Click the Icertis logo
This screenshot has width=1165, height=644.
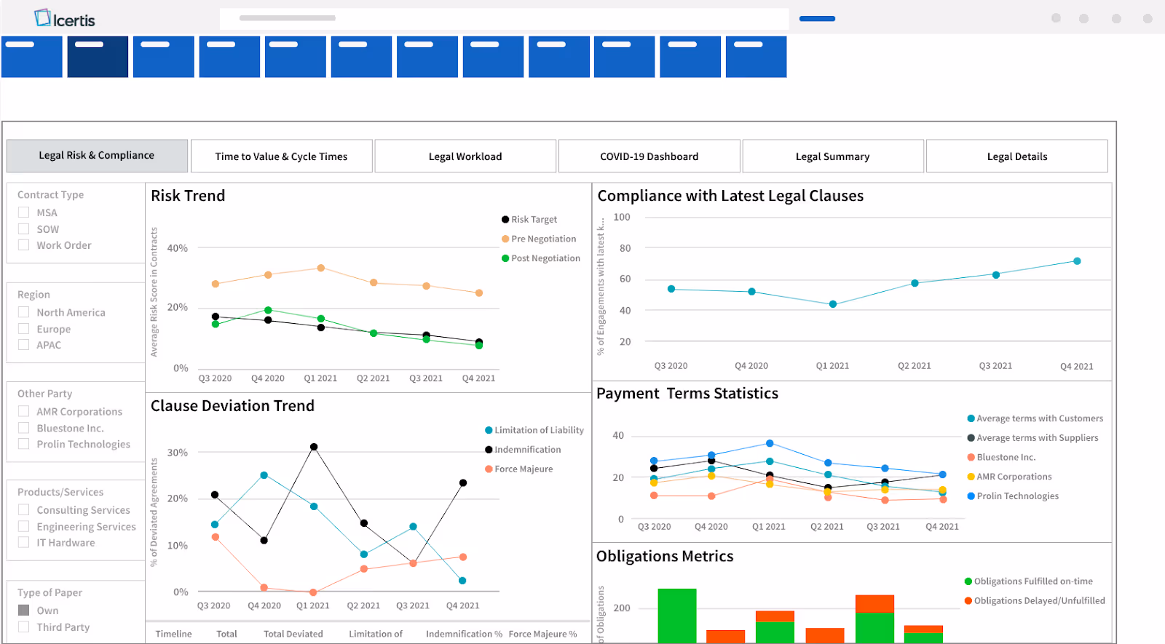[65, 19]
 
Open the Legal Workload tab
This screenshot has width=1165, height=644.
[465, 156]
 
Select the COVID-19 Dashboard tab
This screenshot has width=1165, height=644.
[649, 156]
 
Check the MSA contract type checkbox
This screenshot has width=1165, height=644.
[24, 212]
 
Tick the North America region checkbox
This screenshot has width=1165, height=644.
[24, 312]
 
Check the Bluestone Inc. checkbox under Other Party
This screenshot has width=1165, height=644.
[24, 428]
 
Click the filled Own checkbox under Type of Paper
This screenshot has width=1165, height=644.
[24, 610]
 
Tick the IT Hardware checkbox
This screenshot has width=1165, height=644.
[24, 542]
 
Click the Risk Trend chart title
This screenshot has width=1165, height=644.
[188, 196]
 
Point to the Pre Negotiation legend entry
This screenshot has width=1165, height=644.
[542, 239]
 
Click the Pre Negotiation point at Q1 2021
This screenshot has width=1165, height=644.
[320, 268]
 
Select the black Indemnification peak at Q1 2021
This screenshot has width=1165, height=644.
[314, 447]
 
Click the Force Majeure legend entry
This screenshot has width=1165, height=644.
[523, 469]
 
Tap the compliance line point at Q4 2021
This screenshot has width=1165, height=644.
[1077, 261]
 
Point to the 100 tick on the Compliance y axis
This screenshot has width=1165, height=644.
[622, 217]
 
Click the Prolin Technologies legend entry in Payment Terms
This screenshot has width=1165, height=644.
[1017, 496]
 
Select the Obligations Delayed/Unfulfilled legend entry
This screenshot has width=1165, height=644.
[1038, 601]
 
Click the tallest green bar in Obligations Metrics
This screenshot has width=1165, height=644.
[677, 615]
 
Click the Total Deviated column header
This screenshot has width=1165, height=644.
[293, 634]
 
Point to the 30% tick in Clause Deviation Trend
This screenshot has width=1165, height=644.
[178, 453]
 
